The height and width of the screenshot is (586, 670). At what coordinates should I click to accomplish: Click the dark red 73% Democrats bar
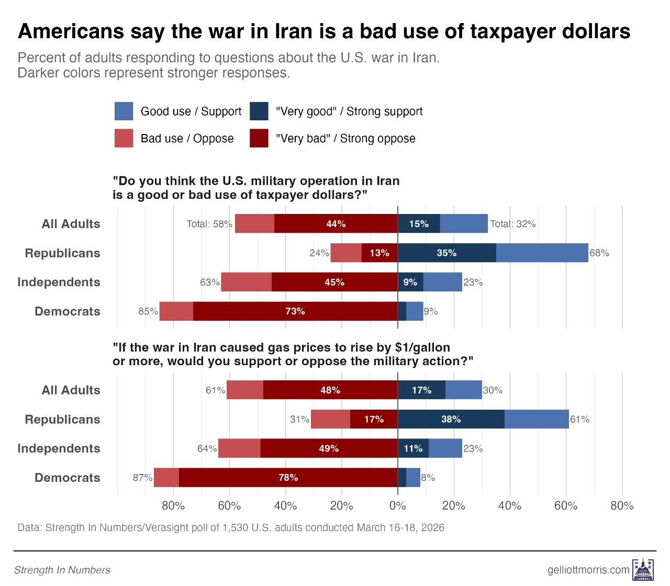tap(295, 311)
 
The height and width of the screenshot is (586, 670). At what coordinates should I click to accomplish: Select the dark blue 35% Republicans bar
tap(446, 253)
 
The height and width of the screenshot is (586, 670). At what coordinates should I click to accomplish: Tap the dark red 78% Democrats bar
tap(288, 478)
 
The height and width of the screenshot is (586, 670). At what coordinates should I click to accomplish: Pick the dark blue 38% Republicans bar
tap(451, 419)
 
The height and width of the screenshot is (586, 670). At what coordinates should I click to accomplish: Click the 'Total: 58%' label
tap(209, 224)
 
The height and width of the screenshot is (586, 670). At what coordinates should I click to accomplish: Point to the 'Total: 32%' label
tap(513, 224)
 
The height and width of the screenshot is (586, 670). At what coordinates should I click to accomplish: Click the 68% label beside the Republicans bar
tap(599, 253)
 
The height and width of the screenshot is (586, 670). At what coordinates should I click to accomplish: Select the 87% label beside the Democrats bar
tap(142, 478)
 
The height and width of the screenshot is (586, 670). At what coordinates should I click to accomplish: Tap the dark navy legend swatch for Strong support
tap(259, 111)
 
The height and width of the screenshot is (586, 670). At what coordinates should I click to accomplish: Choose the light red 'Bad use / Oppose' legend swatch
tap(124, 139)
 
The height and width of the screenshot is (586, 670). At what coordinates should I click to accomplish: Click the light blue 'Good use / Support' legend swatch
tap(124, 111)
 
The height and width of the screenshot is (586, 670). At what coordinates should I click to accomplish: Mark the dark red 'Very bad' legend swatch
tap(259, 139)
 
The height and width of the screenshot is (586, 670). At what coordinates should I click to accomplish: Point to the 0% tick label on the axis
tap(398, 506)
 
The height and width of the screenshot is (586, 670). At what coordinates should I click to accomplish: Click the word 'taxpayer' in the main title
tap(513, 32)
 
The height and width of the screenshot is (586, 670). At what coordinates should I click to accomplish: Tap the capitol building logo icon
tap(643, 569)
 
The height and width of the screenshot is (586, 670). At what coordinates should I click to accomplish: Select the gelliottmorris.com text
tap(589, 570)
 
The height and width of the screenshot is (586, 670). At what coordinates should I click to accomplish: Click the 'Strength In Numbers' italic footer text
tap(62, 570)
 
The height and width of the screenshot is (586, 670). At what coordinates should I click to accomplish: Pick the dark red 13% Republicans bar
tap(379, 253)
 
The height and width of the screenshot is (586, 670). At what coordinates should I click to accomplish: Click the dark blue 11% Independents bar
tap(413, 448)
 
